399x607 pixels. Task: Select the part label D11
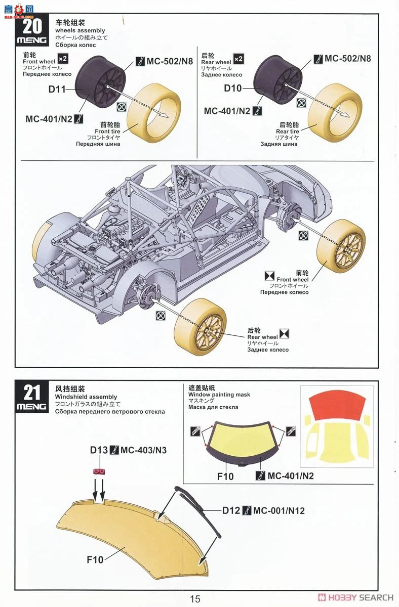[x=57, y=89]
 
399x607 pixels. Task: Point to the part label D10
[x=233, y=89]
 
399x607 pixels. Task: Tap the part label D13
[x=99, y=450]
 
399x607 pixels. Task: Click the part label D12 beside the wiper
[x=231, y=510]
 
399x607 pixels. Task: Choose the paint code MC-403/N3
[x=144, y=450]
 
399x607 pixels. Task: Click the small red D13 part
[x=99, y=471]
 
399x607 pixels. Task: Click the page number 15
[x=195, y=599]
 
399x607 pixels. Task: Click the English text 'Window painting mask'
[x=219, y=395]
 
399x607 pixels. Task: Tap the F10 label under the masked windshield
[x=225, y=476]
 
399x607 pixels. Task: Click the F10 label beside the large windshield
[x=95, y=559]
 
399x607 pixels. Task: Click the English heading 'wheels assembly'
[x=81, y=30]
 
